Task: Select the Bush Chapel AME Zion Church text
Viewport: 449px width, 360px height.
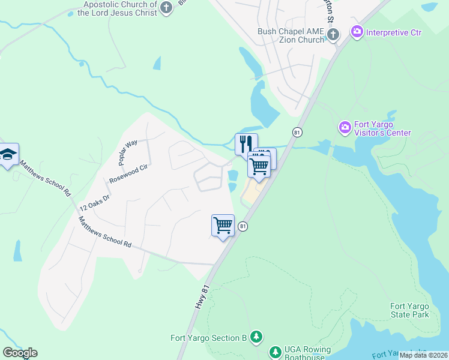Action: click(x=291, y=35)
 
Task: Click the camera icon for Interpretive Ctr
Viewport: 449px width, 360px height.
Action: click(x=357, y=31)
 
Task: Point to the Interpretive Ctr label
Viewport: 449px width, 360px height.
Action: click(x=394, y=32)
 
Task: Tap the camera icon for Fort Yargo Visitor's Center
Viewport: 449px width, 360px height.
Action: click(x=345, y=127)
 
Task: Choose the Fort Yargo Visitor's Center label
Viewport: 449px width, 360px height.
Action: click(x=382, y=128)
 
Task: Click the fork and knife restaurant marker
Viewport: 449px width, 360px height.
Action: click(x=246, y=144)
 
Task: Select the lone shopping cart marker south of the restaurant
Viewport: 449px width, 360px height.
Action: click(x=223, y=226)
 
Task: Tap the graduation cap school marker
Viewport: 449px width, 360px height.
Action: click(x=8, y=155)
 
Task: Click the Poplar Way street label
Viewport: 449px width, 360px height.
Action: click(x=128, y=152)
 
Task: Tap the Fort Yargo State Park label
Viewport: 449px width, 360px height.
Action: click(x=410, y=310)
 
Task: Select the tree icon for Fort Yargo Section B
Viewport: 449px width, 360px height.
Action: click(x=256, y=337)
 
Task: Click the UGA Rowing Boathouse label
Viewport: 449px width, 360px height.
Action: click(x=308, y=354)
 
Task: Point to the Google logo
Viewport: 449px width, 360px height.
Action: click(x=20, y=353)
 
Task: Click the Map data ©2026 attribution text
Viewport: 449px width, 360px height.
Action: click(x=423, y=355)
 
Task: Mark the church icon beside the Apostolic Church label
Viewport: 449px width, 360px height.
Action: click(x=167, y=8)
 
